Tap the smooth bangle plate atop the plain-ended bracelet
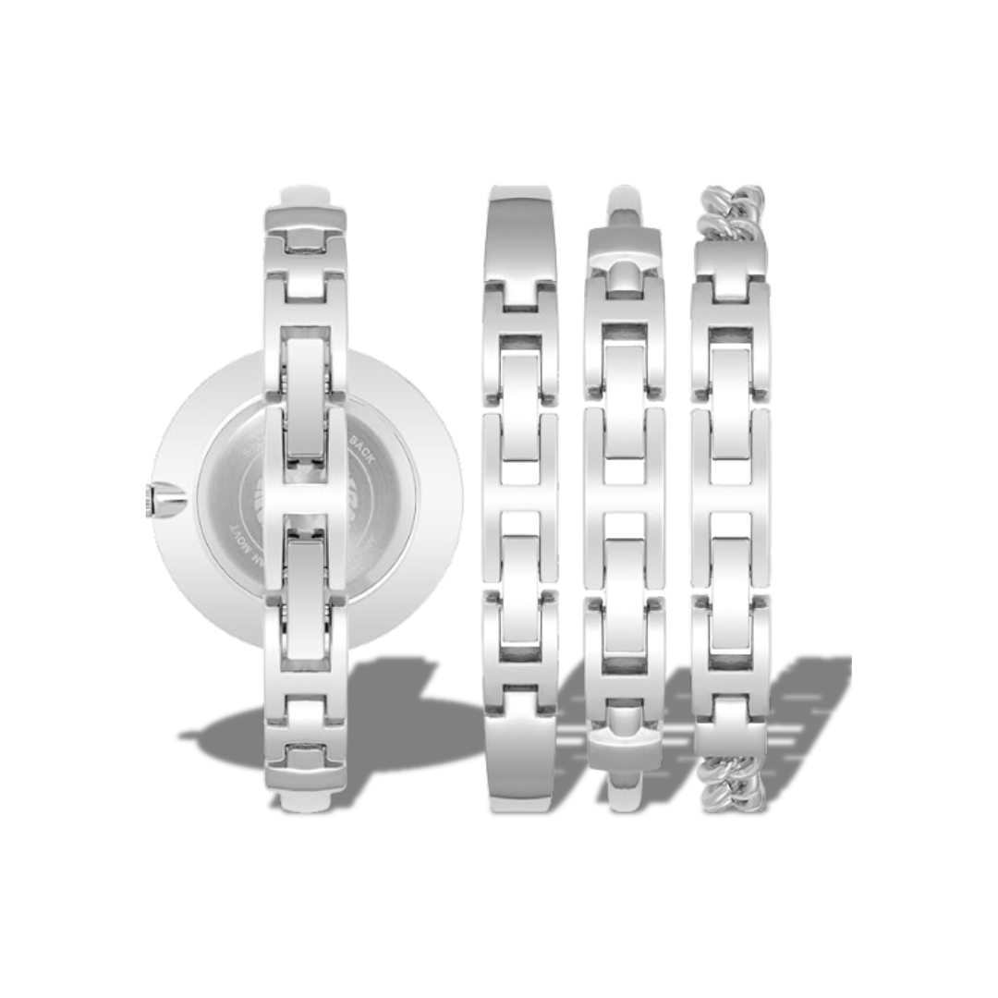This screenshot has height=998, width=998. (x=520, y=232)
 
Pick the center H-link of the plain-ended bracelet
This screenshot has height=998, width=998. (x=520, y=499)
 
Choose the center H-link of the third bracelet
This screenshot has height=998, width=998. (x=625, y=499)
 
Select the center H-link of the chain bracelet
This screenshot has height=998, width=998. (x=731, y=499)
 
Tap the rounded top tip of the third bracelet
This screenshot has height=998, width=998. (x=625, y=199)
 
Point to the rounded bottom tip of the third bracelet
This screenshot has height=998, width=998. (x=625, y=795)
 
